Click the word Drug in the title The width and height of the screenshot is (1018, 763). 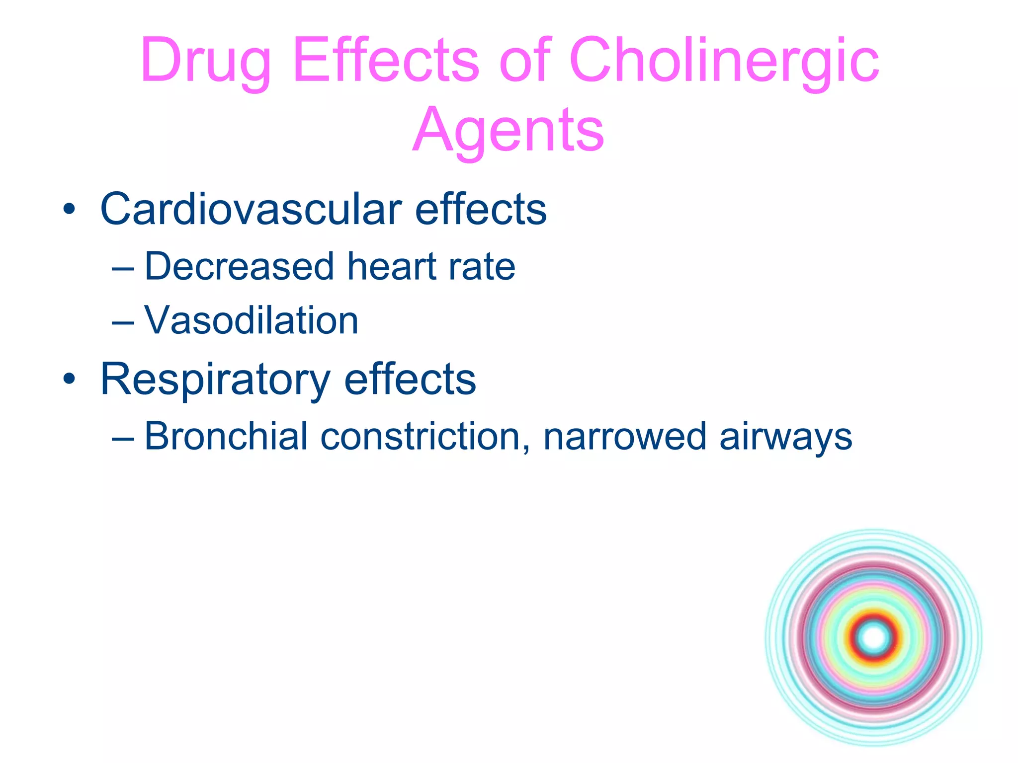click(205, 62)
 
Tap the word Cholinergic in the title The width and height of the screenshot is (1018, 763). click(724, 62)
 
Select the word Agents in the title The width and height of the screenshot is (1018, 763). click(508, 130)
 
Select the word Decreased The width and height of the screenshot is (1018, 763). click(240, 267)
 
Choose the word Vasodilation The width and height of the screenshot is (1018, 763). click(251, 321)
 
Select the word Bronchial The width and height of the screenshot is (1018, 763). click(226, 437)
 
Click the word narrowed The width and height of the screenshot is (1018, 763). click(624, 437)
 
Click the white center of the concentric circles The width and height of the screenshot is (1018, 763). click(873, 637)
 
